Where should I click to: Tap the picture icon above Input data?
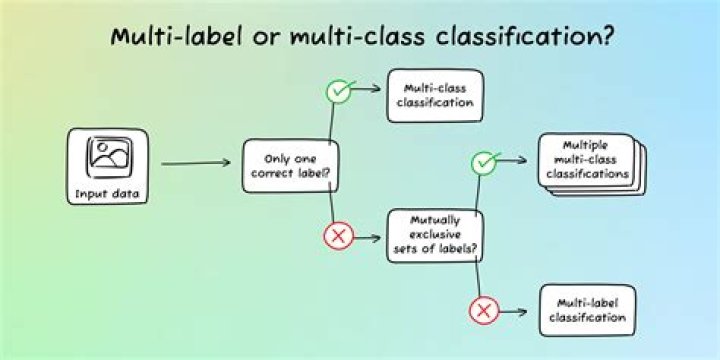109,155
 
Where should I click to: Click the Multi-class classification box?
435,95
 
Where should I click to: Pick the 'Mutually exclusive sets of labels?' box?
434,236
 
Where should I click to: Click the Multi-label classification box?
587,311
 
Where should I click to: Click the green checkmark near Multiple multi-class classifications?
485,161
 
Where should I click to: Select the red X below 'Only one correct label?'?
338,237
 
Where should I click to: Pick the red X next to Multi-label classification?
485,310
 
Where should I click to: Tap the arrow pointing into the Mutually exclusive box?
367,238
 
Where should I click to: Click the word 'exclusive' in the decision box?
434,236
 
